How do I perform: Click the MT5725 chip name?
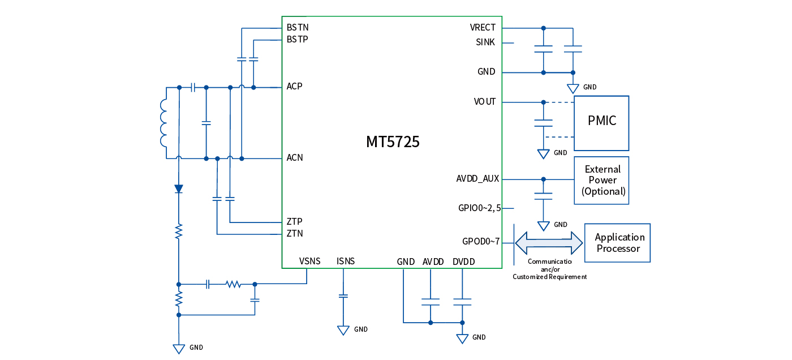393,142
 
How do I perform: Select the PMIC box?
601,121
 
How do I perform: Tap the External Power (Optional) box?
602,180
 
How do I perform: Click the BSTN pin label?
298,27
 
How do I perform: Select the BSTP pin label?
298,40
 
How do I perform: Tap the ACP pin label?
294,87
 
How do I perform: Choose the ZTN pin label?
295,233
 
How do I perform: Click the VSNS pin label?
309,261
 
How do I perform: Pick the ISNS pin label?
345,261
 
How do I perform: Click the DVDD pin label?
463,262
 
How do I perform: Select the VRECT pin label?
482,28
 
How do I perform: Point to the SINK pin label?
485,42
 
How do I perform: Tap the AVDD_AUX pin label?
477,179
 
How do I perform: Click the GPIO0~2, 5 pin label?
479,208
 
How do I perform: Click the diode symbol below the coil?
179,188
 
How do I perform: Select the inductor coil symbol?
164,123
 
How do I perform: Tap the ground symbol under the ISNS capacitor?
343,330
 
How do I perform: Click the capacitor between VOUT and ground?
544,123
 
